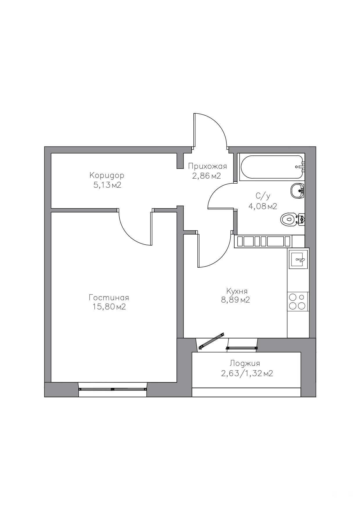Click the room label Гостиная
[x=109, y=298]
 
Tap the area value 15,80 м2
[x=109, y=307]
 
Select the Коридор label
[x=107, y=176]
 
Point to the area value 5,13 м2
[x=107, y=185]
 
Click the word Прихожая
[x=207, y=167]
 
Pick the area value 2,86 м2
[x=207, y=176]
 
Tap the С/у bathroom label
[x=263, y=196]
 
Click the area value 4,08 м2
[x=263, y=206]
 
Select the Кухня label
[x=237, y=291]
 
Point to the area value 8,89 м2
[x=235, y=300]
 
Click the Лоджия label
[x=245, y=363]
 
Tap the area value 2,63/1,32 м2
[x=247, y=373]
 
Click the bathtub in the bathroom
[x=271, y=167]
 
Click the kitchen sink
[x=298, y=259]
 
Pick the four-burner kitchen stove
[x=298, y=301]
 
